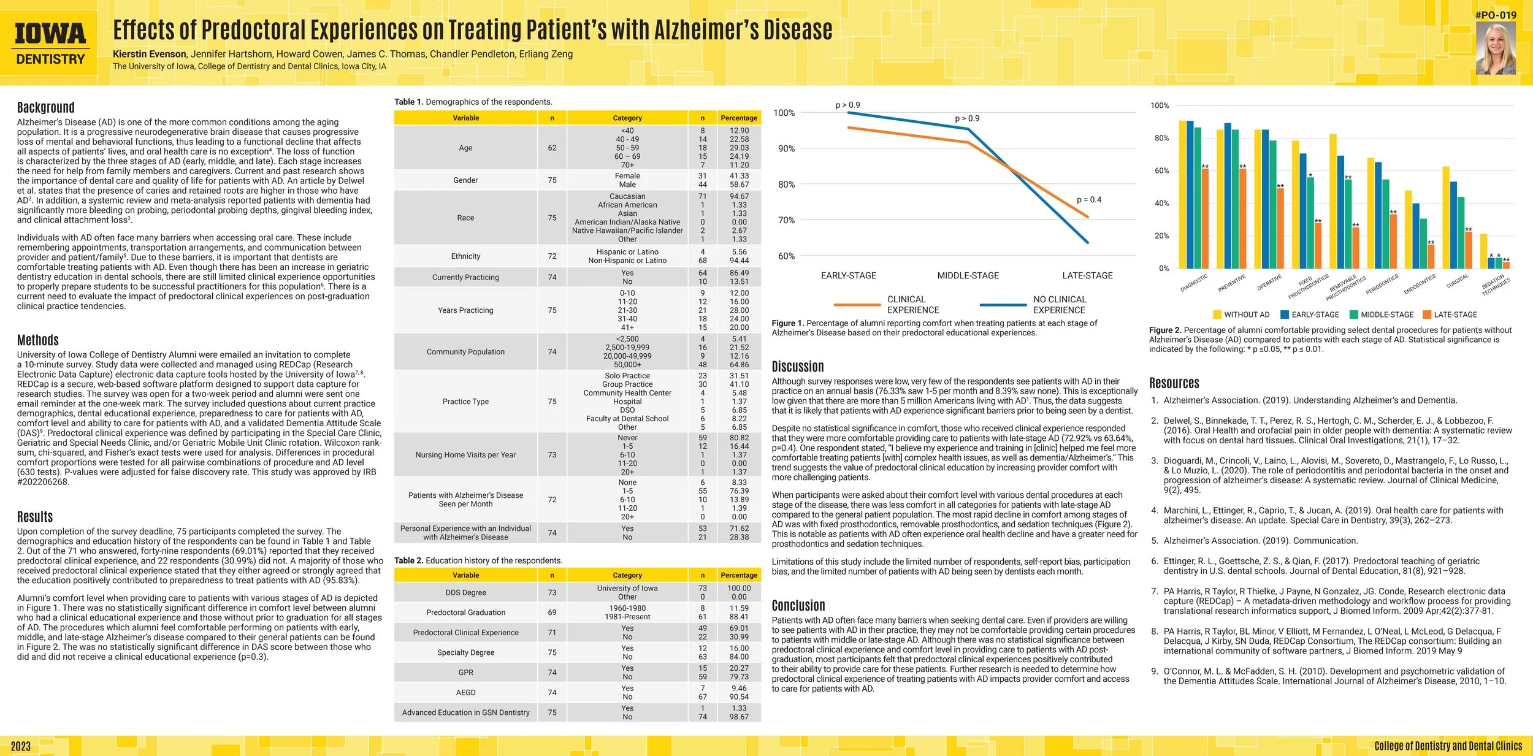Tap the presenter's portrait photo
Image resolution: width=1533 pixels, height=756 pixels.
[1496, 48]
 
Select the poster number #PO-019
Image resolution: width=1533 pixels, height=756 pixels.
[1496, 15]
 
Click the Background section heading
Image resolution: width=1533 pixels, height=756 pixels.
[46, 107]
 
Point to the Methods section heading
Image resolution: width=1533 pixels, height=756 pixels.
[38, 340]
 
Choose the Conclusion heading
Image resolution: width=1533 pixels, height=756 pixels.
[798, 606]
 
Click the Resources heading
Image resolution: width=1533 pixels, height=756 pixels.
[1174, 383]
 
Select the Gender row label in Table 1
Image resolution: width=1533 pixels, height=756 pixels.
[465, 180]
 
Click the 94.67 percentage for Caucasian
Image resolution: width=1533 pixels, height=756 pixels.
[739, 196]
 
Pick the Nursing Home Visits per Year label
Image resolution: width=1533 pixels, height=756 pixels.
[465, 455]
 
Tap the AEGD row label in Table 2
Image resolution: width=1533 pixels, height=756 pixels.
[465, 692]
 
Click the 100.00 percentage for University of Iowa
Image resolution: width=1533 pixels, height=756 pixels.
[739, 588]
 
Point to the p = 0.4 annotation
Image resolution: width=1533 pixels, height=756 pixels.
[1089, 200]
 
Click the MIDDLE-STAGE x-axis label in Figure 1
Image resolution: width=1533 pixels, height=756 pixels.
[968, 276]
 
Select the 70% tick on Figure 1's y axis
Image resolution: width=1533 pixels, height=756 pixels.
[786, 220]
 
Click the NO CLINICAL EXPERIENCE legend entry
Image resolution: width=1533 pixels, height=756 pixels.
[1033, 305]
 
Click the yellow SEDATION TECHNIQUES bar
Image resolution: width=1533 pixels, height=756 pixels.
[1483, 251]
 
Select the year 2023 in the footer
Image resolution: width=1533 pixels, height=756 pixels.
[20, 746]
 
